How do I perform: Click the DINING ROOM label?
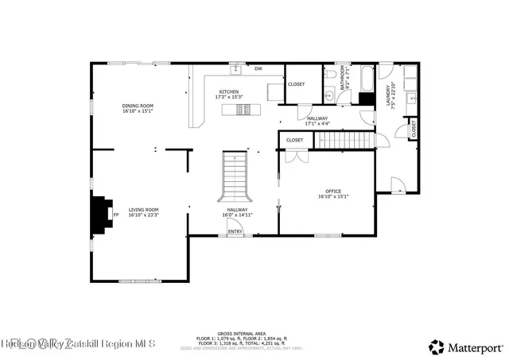[x=138, y=106]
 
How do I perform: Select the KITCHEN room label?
[x=229, y=91]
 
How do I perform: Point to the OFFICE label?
[x=333, y=191]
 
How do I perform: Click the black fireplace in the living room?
[x=100, y=214]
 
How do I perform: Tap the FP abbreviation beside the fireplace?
[x=115, y=215]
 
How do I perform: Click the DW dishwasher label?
[x=258, y=69]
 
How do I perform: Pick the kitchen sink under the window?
[x=236, y=69]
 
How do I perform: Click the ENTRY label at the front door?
[x=235, y=231]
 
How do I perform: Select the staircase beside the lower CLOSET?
[x=344, y=141]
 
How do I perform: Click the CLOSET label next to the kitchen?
[x=296, y=83]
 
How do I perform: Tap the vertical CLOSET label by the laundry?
[x=414, y=129]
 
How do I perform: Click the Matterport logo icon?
[x=437, y=346]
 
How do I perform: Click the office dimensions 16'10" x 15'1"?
[x=333, y=196]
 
